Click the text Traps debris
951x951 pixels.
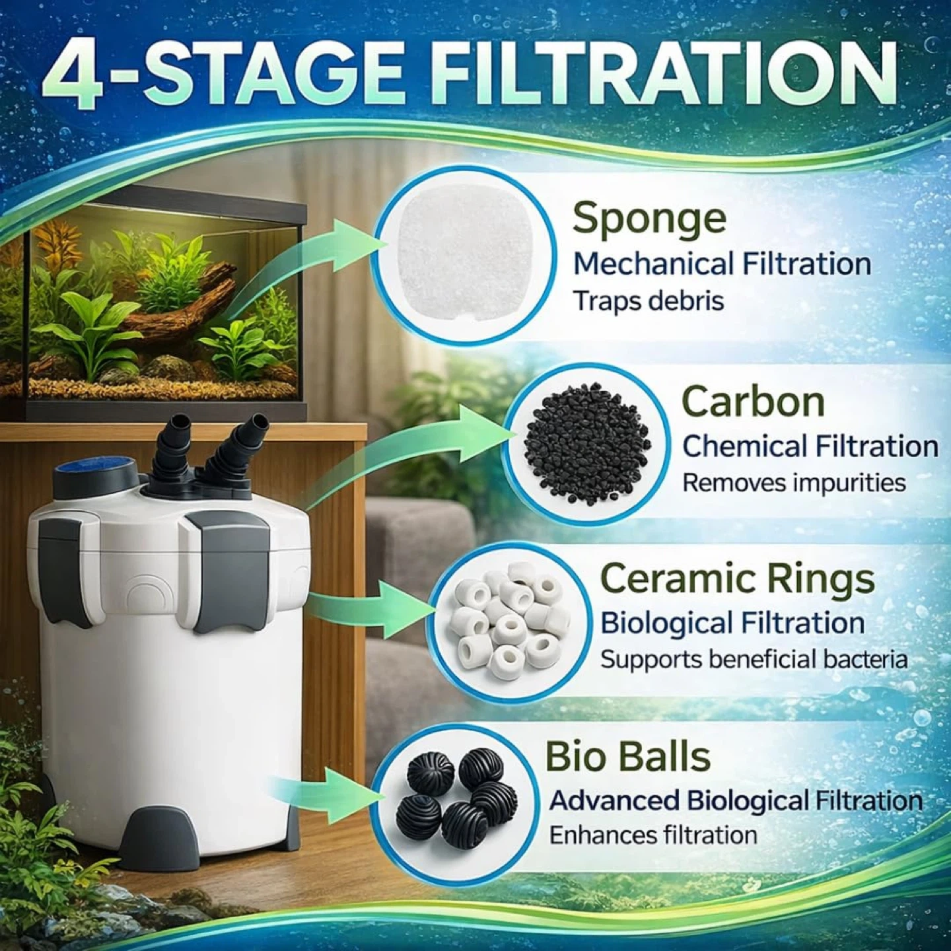tap(649, 301)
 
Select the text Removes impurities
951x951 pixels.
tap(794, 483)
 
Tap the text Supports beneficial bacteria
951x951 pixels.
tap(754, 659)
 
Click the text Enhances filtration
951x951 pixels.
tap(653, 835)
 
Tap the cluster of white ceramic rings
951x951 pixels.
tap(507, 621)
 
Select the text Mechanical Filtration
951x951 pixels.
tap(722, 264)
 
